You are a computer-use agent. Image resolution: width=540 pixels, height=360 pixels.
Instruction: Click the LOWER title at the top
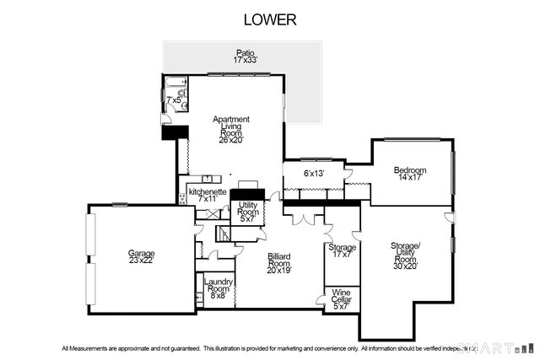click(270, 19)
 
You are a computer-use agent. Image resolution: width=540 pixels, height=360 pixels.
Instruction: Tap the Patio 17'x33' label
click(244, 56)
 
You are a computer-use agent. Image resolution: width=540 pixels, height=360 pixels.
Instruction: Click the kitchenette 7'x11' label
click(208, 195)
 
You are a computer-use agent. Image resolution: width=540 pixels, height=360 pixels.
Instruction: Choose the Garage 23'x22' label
click(142, 256)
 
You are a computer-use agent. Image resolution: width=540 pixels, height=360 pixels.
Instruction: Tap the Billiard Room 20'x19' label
click(279, 262)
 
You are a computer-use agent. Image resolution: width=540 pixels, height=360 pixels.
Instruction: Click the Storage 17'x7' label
click(342, 251)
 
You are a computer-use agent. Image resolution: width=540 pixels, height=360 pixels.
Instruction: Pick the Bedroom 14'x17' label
click(410, 174)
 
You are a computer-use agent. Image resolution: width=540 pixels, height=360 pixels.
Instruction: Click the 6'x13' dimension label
click(314, 174)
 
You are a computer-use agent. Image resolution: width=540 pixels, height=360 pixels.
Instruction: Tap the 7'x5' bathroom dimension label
click(173, 99)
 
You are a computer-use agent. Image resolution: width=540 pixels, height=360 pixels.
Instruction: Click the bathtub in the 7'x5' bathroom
click(173, 83)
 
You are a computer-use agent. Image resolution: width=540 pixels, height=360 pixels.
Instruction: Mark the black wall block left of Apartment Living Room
click(173, 132)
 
